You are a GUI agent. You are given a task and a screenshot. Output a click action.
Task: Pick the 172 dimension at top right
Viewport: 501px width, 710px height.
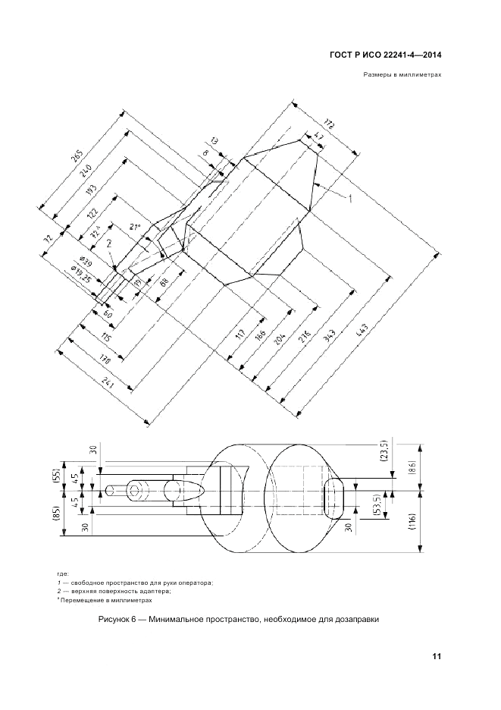click(330, 123)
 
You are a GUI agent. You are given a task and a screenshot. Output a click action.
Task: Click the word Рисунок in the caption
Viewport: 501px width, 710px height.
click(115, 620)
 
